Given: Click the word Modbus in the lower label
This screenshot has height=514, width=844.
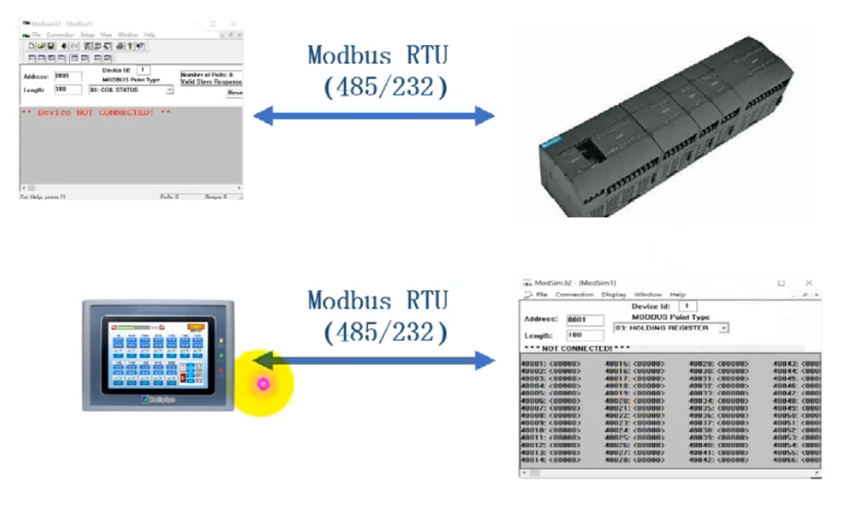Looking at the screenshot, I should coord(347,300).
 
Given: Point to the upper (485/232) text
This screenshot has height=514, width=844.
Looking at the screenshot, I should coord(385,87).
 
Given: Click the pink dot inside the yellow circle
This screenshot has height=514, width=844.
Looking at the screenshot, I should coord(262,384).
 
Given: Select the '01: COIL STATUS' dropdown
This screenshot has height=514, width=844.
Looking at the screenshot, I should coord(131,89).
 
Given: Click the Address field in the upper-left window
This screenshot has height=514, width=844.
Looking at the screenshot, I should coord(68,76).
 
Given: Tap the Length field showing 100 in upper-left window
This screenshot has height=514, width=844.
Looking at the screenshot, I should coord(68,89).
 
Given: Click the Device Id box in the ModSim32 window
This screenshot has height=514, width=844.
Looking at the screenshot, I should coord(688,306).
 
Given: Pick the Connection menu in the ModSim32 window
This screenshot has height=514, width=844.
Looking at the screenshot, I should coord(575,295).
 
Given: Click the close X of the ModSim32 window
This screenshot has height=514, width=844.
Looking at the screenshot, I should coord(809,283).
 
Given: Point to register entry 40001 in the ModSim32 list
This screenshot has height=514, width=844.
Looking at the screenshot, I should coord(552,365).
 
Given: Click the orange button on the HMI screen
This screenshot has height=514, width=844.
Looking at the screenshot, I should coord(195,326).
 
